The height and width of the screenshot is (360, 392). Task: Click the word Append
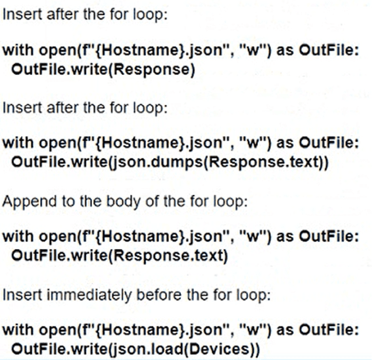(x=30, y=202)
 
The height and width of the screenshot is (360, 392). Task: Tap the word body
(x=123, y=202)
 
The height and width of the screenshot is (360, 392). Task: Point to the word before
(x=160, y=294)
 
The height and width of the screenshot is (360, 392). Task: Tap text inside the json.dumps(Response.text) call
(x=306, y=162)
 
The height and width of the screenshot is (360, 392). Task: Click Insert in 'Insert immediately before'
(x=22, y=295)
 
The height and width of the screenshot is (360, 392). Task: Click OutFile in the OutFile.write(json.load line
(x=38, y=349)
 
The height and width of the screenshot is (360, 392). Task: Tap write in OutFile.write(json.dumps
(x=87, y=162)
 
